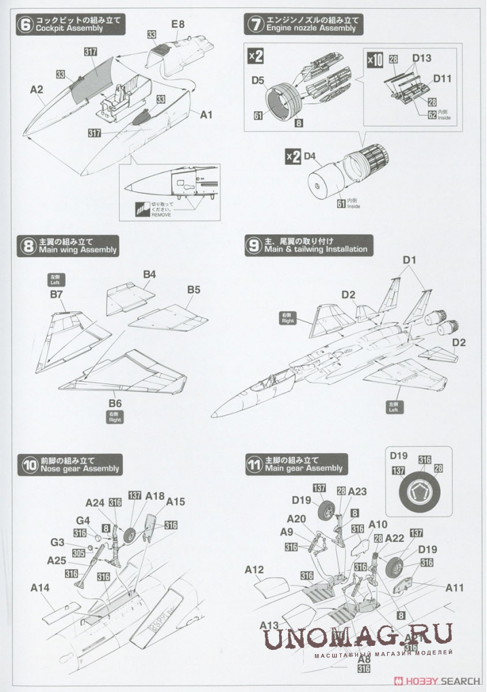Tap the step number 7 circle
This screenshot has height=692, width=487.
255,25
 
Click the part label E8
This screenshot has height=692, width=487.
177,24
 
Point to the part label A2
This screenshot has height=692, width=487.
37,89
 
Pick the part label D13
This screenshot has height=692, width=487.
421,58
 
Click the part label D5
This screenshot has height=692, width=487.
257,81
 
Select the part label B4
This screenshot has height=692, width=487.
149,274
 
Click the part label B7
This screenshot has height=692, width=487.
56,295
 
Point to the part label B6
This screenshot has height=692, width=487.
114,403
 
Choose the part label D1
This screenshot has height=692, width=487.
409,260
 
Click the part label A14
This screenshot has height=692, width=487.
41,588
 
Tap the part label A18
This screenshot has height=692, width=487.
155,497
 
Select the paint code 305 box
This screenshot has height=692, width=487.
79,553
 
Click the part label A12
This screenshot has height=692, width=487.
254,570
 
